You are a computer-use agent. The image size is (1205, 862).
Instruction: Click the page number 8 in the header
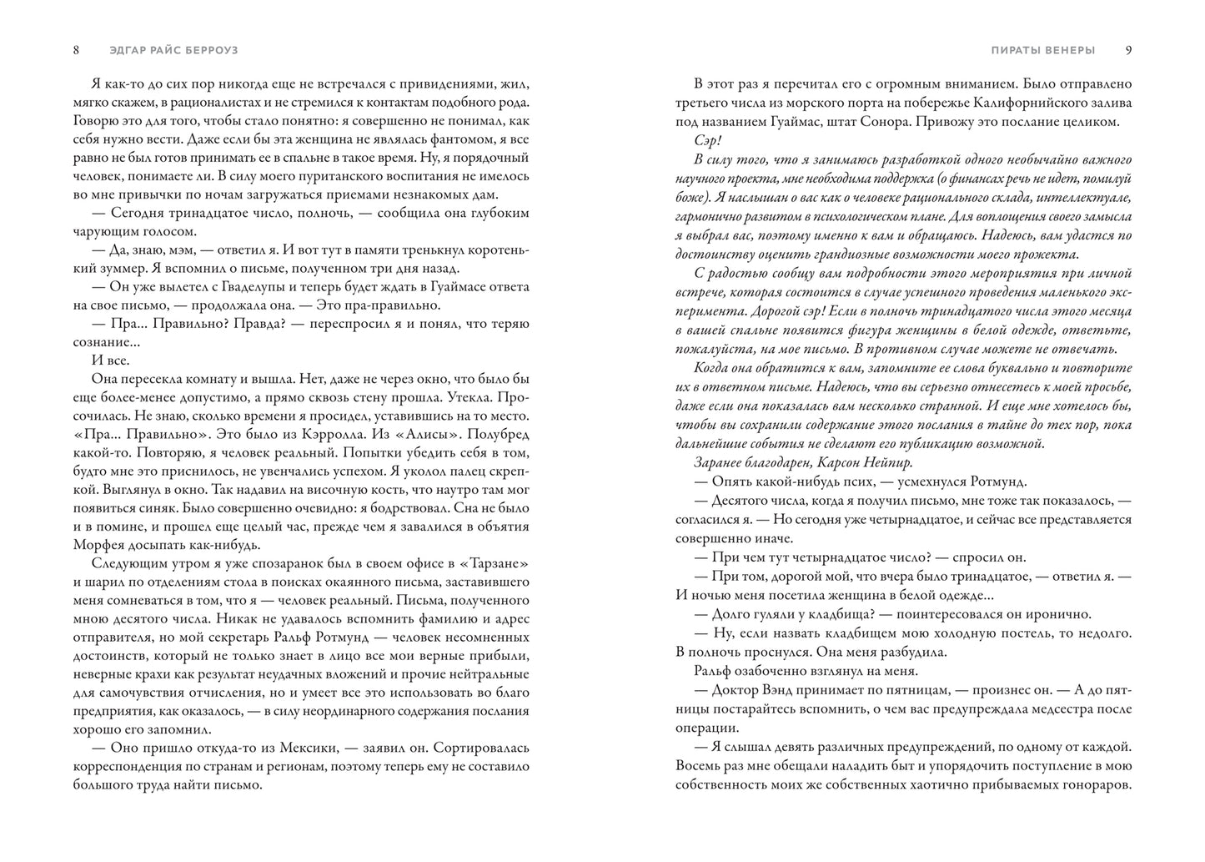(x=76, y=49)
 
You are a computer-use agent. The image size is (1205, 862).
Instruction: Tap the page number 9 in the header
(x=1128, y=49)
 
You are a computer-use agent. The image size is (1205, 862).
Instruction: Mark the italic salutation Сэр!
(x=707, y=139)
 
